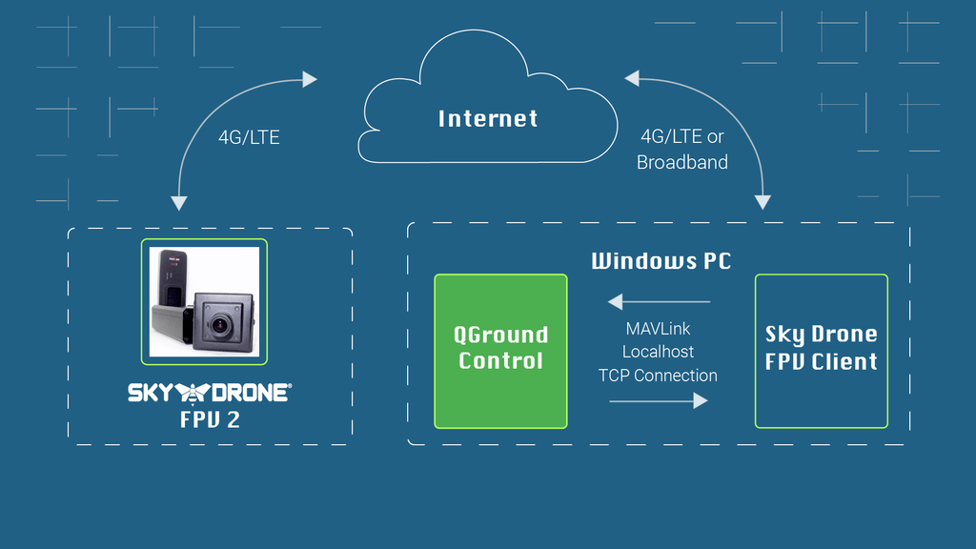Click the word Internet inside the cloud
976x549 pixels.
click(x=488, y=118)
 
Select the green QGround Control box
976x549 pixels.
click(x=500, y=350)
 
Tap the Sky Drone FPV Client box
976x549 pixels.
click(x=821, y=350)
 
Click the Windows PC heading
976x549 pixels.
click(x=661, y=261)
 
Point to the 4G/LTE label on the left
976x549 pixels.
click(x=249, y=137)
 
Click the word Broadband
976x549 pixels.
click(x=681, y=162)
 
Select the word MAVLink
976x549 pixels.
click(x=658, y=329)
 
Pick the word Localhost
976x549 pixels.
click(x=658, y=352)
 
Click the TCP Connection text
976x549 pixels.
click(x=658, y=375)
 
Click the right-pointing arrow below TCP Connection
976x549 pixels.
click(x=700, y=400)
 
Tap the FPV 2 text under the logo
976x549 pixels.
click(x=210, y=419)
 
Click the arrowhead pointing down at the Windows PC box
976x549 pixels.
click(x=762, y=201)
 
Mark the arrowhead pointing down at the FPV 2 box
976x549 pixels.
click(x=178, y=202)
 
